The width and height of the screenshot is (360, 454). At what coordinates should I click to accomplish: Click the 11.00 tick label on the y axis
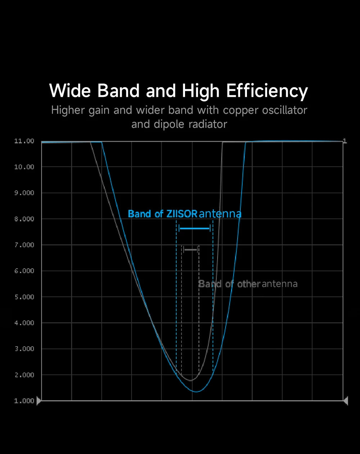(24, 141)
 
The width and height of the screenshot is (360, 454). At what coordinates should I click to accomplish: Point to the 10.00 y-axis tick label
(24, 167)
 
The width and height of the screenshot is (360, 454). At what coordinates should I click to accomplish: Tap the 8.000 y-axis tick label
(24, 219)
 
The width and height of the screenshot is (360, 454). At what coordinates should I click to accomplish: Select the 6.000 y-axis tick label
(24, 271)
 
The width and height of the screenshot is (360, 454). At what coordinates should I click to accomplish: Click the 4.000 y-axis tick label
(24, 323)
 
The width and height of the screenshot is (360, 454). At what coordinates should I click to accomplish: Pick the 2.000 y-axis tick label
(24, 375)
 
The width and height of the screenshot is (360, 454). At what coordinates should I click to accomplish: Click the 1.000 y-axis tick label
(24, 401)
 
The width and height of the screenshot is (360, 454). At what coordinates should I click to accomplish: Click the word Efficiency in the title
(267, 91)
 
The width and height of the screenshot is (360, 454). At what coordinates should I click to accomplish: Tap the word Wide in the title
(70, 90)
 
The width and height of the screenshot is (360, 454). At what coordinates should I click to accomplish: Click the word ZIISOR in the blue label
(182, 214)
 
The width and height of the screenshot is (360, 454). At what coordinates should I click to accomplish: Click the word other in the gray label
(249, 284)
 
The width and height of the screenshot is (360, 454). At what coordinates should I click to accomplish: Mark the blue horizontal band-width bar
(194, 228)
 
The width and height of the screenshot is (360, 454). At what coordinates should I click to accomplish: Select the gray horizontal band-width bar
(191, 250)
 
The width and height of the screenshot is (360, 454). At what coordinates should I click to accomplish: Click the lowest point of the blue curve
(196, 392)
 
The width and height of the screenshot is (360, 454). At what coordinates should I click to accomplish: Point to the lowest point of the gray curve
(191, 381)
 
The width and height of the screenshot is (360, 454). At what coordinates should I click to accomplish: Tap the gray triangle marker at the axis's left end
(39, 401)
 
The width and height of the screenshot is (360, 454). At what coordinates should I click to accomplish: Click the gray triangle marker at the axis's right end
(346, 401)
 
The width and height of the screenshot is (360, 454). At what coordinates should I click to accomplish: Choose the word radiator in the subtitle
(208, 124)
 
